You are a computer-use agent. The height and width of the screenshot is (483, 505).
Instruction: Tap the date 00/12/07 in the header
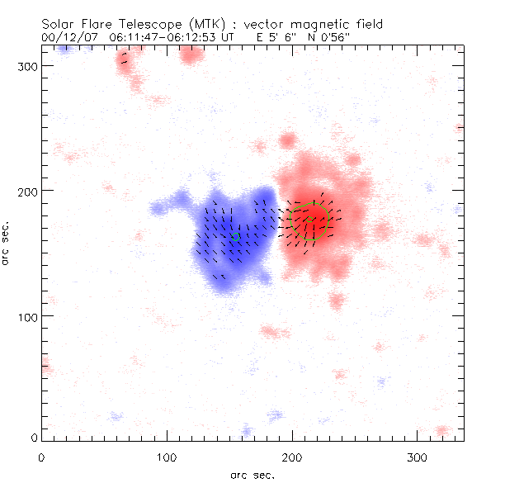click(x=68, y=38)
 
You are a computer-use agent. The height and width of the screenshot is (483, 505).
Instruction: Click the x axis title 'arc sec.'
click(x=252, y=475)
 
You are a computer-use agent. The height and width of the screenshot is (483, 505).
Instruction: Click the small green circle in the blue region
click(x=235, y=237)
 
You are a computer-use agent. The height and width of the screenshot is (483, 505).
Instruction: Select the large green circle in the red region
click(x=311, y=220)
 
